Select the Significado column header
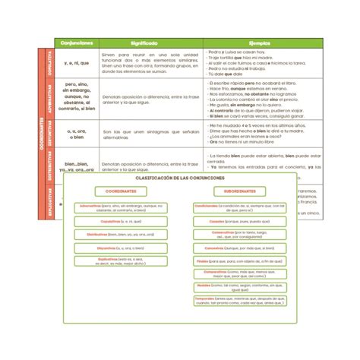coord(143,44)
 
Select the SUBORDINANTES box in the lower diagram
coord(240,191)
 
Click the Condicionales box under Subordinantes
coord(240,207)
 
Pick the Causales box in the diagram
coord(240,221)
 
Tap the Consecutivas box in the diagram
coord(240,234)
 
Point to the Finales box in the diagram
coord(240,261)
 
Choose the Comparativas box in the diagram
coord(240,273)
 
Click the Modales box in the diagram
coord(240,287)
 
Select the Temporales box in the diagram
coord(240,301)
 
